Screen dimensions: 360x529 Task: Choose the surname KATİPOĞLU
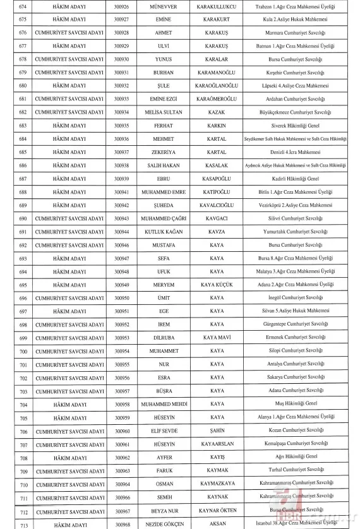pos(217,192)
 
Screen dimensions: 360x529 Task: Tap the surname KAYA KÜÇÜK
pos(217,285)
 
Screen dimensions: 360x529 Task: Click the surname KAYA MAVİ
pos(217,338)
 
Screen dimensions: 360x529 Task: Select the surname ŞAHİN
pos(217,431)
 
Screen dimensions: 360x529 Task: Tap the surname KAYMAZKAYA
pos(217,484)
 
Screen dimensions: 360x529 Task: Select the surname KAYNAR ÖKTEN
pos(217,511)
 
